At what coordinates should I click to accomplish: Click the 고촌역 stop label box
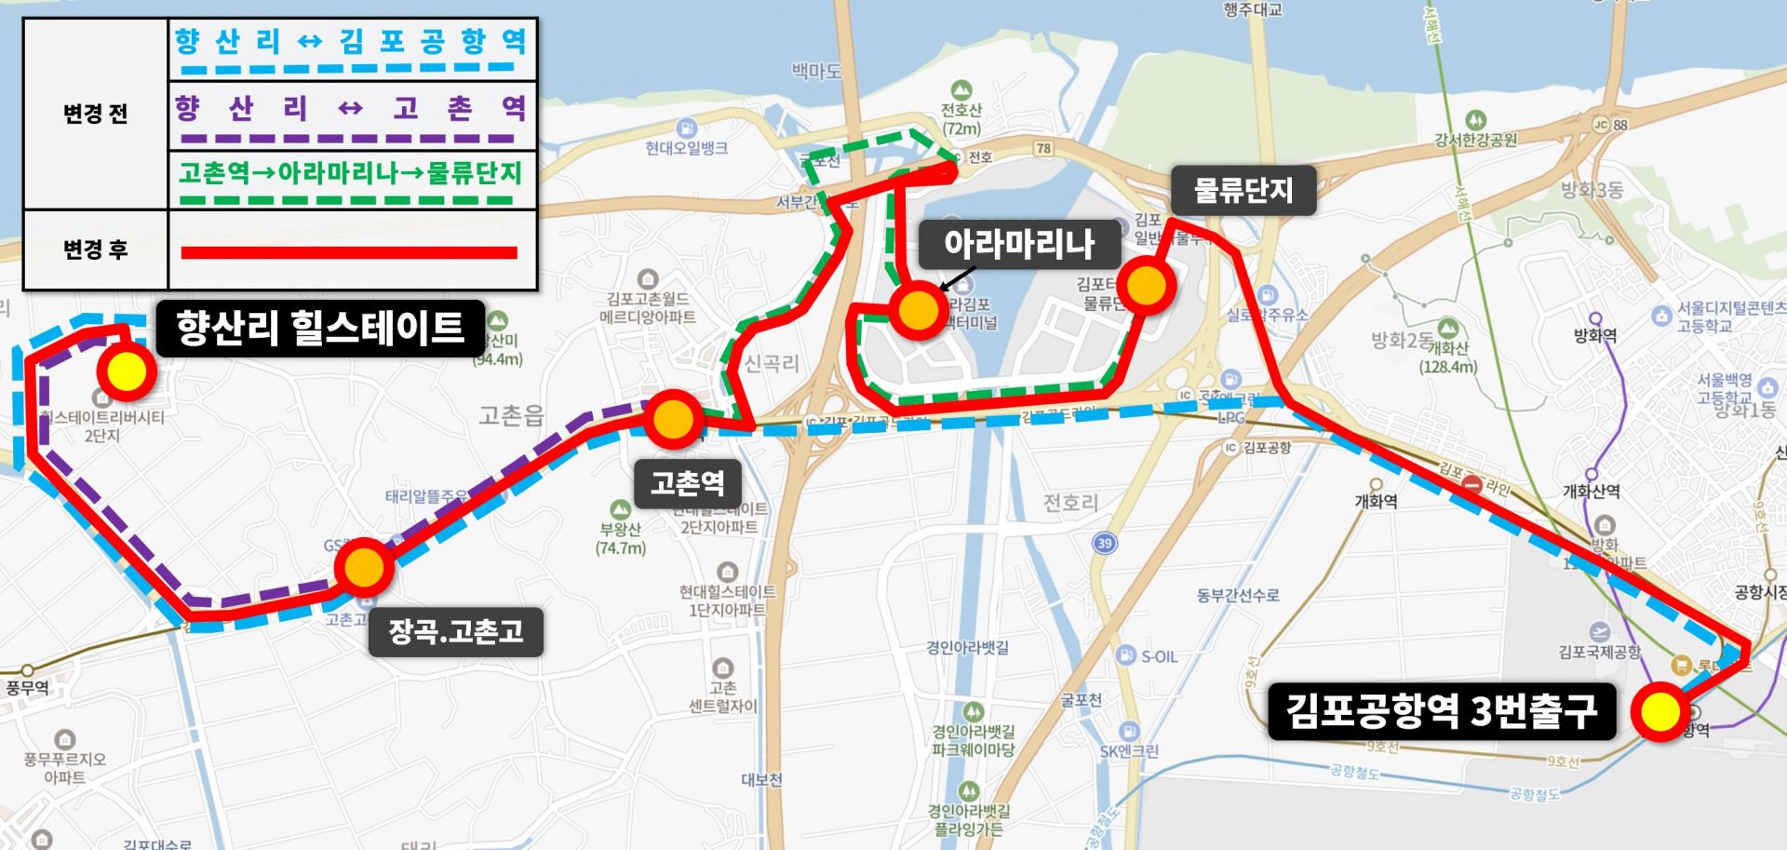point(688,483)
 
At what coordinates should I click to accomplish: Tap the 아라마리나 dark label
point(1019,245)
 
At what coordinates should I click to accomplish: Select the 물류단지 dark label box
point(1243,191)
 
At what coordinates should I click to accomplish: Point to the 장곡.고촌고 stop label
point(455,632)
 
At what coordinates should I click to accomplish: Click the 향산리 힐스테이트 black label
point(319,328)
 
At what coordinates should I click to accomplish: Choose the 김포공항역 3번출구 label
point(1441,712)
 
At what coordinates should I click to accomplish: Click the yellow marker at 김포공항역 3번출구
point(1659,712)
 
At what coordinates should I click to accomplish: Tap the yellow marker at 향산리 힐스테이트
point(127,371)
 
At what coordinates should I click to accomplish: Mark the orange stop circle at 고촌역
point(672,420)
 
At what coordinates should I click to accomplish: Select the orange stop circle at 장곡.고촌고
point(364,566)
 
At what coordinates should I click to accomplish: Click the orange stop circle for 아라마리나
point(918,310)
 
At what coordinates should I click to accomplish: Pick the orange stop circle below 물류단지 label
point(1146,287)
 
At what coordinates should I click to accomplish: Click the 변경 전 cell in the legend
point(95,114)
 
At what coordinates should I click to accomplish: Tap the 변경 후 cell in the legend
point(95,250)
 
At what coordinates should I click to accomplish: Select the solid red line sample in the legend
point(349,252)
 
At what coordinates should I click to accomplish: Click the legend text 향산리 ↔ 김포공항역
point(351,41)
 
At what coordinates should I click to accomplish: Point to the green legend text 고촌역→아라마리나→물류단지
point(351,173)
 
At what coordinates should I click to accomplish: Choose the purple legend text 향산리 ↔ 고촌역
point(351,109)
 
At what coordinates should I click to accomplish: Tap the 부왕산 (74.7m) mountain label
point(621,538)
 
